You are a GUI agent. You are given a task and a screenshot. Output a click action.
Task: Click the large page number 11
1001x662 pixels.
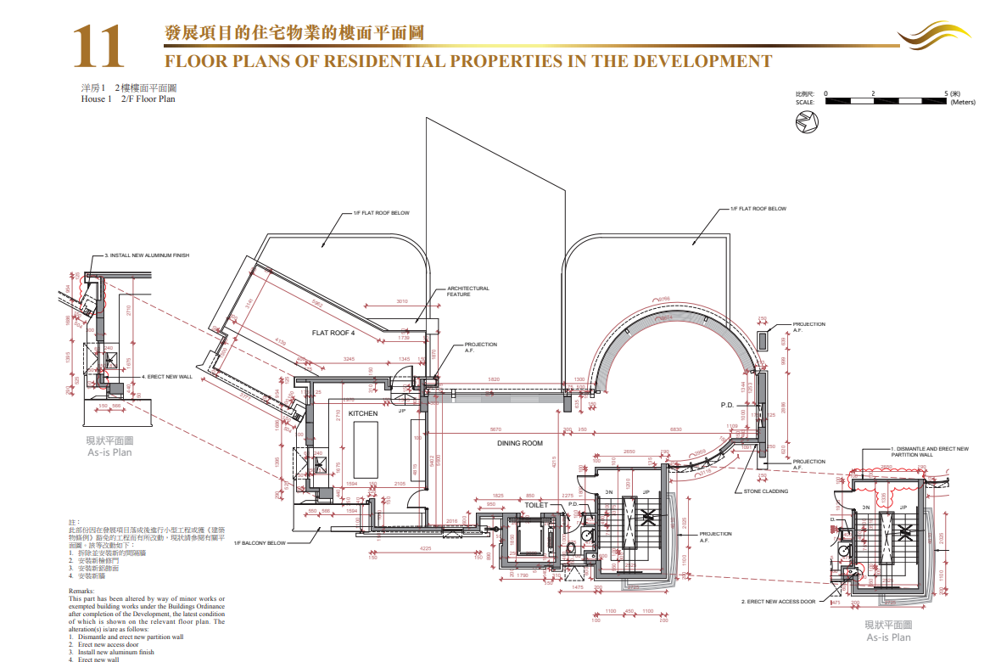point(98,47)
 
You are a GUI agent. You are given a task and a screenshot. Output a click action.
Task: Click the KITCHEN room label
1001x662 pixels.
point(363,413)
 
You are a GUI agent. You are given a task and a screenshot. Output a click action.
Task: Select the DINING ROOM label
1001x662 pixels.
point(520,443)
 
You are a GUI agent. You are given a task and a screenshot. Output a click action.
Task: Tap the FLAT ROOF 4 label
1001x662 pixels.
point(333,333)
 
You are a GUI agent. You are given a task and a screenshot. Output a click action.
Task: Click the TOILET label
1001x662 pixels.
point(536,505)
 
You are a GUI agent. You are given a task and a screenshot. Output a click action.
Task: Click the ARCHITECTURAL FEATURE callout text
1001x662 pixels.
point(468,291)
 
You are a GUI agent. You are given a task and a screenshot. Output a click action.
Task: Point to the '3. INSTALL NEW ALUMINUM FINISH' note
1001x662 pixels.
point(147,255)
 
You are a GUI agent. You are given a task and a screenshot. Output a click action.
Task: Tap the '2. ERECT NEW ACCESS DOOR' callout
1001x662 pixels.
point(778,602)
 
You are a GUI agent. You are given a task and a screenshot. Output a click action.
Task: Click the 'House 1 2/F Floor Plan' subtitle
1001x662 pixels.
point(128,99)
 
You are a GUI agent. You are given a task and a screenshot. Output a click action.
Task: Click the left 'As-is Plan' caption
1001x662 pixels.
point(109,452)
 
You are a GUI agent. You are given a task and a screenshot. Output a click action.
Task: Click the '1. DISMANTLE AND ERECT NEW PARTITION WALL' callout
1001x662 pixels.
point(929,452)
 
